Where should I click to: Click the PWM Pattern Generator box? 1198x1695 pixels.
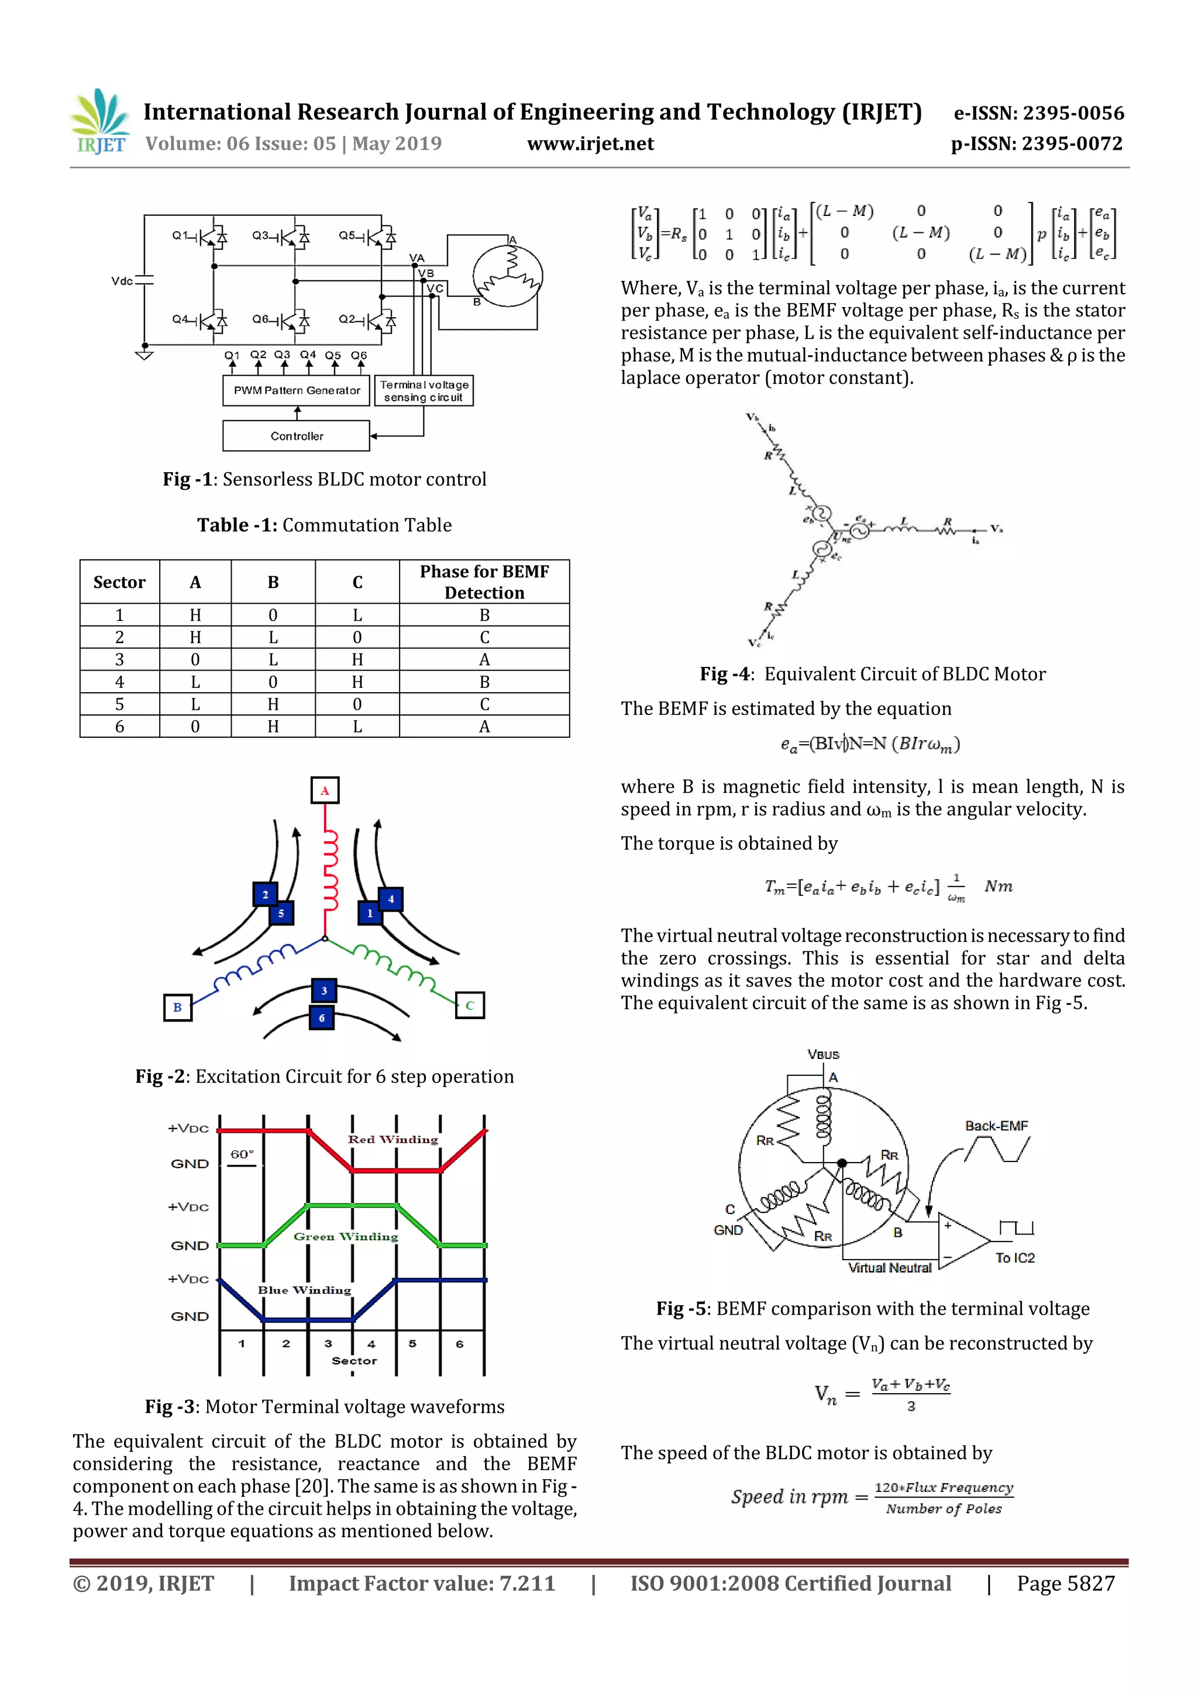pos(297,390)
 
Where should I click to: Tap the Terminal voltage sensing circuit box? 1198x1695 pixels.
pos(424,390)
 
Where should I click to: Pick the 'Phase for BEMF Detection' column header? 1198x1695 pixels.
pos(484,582)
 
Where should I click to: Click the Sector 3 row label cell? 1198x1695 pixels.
pos(119,659)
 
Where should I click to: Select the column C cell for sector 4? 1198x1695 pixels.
pos(357,682)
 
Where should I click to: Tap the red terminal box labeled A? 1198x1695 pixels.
pos(325,790)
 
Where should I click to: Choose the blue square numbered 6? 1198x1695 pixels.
pos(322,1018)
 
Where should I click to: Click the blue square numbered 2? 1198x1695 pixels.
pos(265,895)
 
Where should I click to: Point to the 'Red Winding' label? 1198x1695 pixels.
pos(393,1140)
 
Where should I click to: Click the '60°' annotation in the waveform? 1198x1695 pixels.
pos(242,1154)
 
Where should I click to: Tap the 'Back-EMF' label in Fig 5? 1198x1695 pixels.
pos(996,1126)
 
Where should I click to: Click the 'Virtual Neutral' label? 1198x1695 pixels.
pos(890,1267)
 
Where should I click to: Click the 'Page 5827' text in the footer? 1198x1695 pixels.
pos(1065,1583)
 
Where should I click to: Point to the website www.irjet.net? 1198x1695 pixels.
pos(590,144)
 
